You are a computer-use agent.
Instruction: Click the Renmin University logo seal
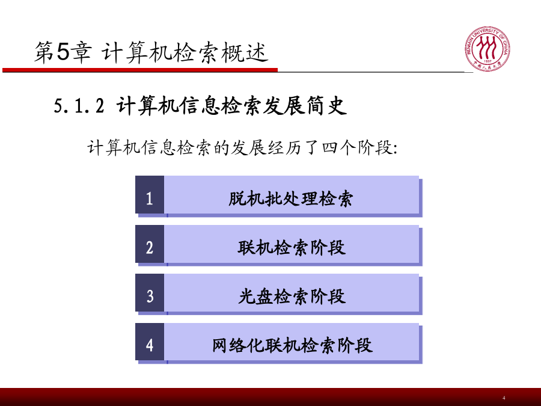487,49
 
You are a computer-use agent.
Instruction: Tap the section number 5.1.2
79,106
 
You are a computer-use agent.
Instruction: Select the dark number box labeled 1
150,195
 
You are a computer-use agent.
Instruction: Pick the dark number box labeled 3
150,293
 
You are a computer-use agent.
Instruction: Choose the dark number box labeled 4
150,342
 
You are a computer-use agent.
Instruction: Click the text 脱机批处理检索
290,198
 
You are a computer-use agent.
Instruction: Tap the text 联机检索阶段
292,248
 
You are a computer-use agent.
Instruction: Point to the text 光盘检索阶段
292,296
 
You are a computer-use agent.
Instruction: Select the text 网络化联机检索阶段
292,345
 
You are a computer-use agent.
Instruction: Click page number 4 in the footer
504,398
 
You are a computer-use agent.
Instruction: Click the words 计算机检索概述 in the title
185,52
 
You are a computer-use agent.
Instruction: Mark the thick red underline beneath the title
140,70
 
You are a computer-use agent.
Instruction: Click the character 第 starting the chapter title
44,52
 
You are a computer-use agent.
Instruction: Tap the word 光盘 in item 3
255,296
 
